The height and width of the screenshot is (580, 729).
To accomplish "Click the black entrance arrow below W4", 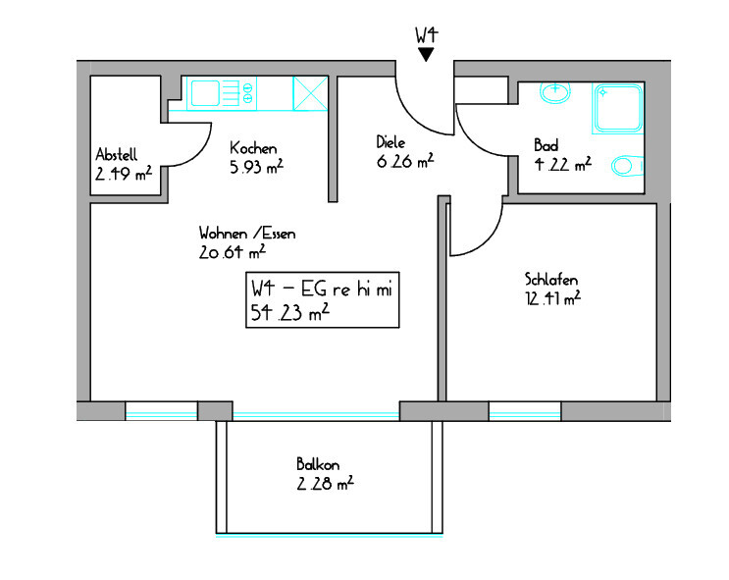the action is [426, 54].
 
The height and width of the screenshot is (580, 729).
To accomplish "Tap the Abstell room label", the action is [116, 154].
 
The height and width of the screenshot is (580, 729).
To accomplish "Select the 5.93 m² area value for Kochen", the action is [256, 167].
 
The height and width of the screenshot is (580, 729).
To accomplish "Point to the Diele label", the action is [391, 142].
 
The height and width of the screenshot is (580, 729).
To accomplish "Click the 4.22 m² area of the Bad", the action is [562, 164].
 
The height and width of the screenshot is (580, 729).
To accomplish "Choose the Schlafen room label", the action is [551, 279].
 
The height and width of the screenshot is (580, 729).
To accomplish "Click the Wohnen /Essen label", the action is [247, 233].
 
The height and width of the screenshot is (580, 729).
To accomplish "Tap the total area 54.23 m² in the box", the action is [290, 312].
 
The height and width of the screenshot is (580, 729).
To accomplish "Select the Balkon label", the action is [318, 464].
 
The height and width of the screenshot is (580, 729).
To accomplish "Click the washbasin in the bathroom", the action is [555, 91].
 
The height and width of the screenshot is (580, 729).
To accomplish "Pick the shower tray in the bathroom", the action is [618, 108].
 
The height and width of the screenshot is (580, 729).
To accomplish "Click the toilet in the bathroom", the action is [627, 166].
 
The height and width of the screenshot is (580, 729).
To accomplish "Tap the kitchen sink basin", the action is [205, 93].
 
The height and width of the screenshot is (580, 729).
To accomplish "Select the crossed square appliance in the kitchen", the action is [310, 93].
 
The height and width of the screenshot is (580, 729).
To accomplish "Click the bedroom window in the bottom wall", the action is [525, 411].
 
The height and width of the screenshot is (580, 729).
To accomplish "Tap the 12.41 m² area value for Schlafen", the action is [552, 298].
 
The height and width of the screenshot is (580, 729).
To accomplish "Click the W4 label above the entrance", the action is [427, 35].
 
